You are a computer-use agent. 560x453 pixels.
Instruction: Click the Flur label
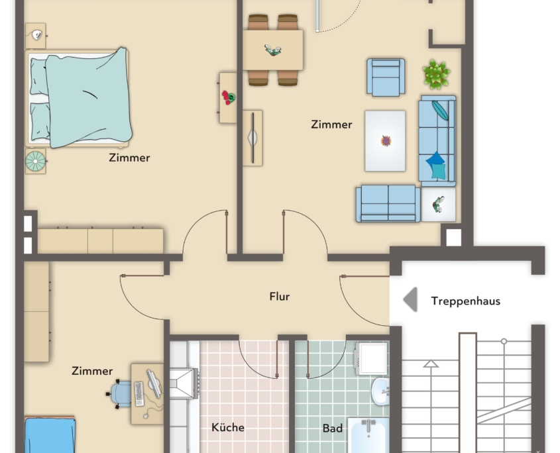pos(280,297)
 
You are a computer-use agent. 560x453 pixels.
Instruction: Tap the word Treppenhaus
pos(465,301)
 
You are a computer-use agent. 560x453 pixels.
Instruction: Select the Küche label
pos(227,427)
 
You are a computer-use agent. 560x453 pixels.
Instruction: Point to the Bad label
pos(333,428)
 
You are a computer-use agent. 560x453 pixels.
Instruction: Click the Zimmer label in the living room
pos(331,124)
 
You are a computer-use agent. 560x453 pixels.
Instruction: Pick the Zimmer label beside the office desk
pos(92,371)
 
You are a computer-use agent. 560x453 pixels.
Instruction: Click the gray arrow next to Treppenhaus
pos(410,299)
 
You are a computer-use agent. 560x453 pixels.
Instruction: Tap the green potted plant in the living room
pos(436,74)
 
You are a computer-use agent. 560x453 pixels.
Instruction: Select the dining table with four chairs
pos(272,50)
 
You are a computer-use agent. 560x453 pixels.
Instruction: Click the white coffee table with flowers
pos(385,140)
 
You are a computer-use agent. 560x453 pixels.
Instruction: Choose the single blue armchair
pos(386,77)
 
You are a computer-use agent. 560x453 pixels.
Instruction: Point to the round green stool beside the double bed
pos(35,161)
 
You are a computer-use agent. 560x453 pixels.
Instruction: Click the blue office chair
pos(121,393)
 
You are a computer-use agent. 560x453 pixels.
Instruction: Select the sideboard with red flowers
pos(228,98)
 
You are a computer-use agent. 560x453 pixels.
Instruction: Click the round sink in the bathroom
pos(380,391)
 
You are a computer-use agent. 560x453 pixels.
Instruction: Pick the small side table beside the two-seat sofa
pos(438,204)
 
